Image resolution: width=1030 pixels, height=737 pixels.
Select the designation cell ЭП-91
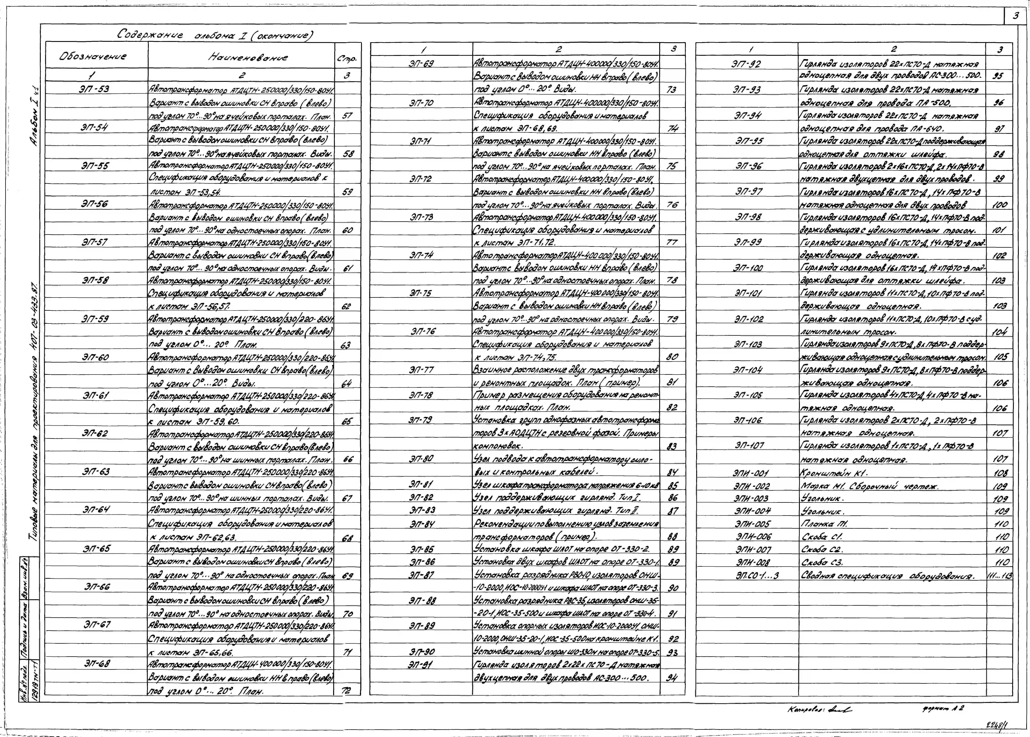tap(421, 664)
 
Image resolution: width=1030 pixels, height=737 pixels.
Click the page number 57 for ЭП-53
tap(347, 115)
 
